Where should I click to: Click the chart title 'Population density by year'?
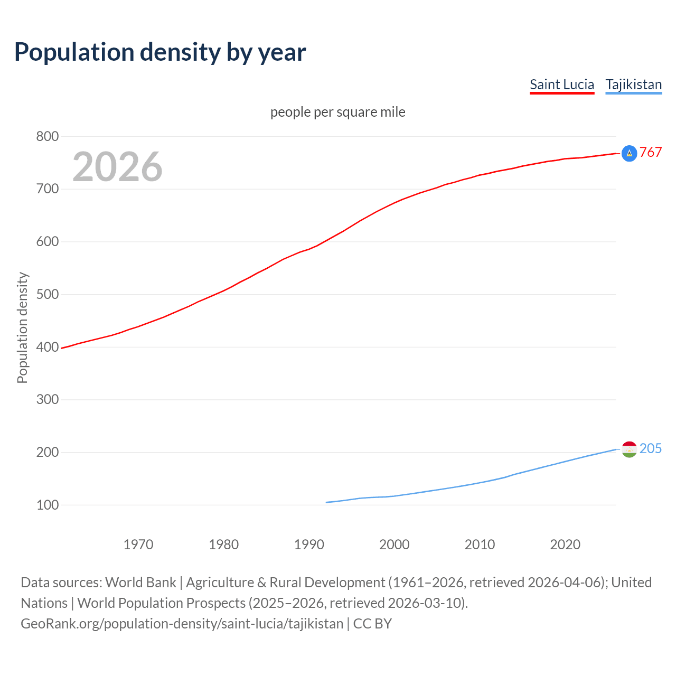click(160, 52)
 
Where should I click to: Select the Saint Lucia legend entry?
click(562, 84)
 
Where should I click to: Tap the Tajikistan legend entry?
click(633, 84)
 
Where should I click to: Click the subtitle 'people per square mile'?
click(338, 112)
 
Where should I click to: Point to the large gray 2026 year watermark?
click(117, 167)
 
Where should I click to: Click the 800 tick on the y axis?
click(47, 136)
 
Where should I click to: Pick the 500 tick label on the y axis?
click(47, 294)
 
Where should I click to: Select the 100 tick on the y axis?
click(47, 505)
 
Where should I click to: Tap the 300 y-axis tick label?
click(47, 399)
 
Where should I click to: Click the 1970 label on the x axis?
click(138, 544)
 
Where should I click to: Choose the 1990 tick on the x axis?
click(309, 544)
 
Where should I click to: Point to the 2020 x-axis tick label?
click(565, 544)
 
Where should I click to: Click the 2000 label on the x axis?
click(395, 544)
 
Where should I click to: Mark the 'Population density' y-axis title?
click(22, 327)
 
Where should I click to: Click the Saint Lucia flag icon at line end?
click(629, 153)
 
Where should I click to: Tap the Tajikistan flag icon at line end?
click(629, 449)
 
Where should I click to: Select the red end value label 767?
click(651, 153)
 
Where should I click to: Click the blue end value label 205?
click(651, 448)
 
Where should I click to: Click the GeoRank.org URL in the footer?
click(182, 623)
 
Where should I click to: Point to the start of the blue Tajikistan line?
click(327, 502)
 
